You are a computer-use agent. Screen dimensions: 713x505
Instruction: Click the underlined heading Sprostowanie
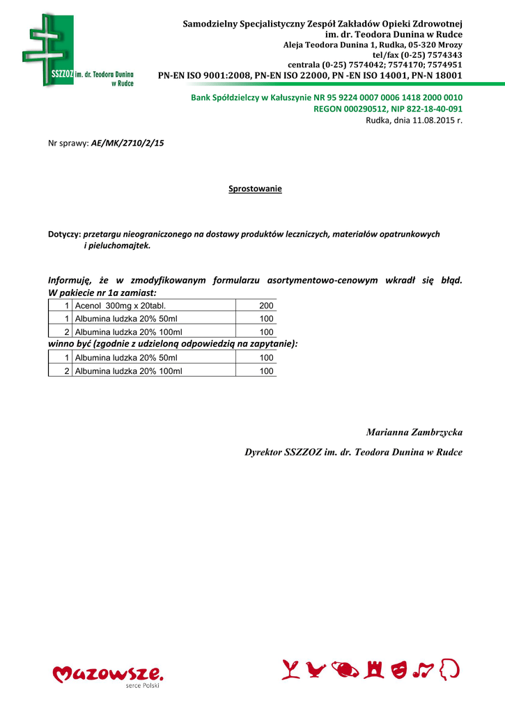[x=255, y=189]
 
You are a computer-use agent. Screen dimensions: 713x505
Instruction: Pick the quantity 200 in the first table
[x=266, y=306]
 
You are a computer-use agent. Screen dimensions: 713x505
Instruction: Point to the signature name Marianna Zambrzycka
[x=414, y=432]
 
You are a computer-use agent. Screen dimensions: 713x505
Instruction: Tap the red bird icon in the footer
[x=317, y=669]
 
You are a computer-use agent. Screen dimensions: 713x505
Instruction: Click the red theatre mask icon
[x=399, y=669]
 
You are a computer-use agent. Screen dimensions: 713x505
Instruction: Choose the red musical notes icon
[x=424, y=669]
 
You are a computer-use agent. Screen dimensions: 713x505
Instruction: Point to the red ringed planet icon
[x=346, y=669]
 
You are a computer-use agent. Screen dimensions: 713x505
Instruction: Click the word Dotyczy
[x=63, y=234]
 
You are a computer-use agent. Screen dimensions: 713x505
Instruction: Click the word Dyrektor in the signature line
[x=263, y=452]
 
